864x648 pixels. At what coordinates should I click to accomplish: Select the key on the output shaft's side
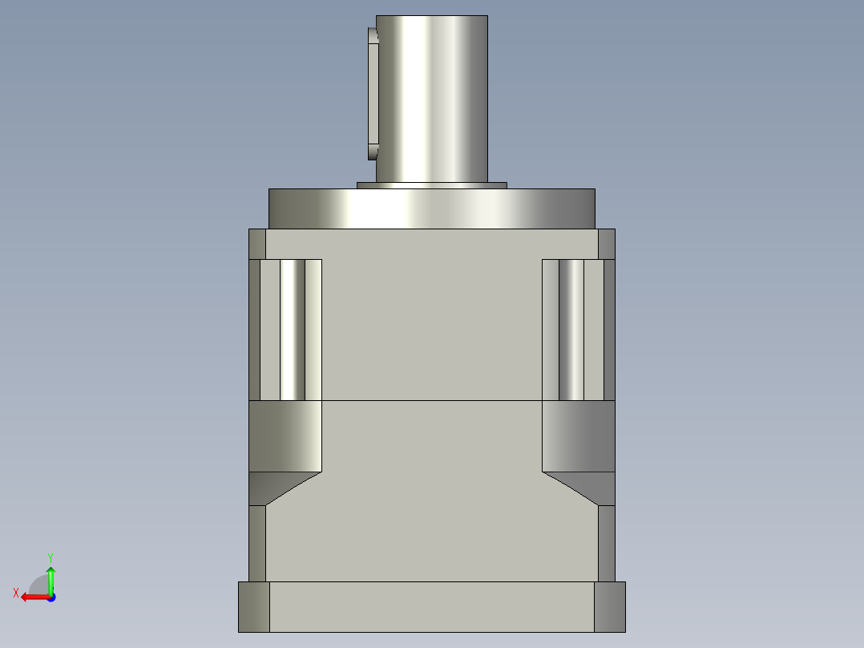pos(373,94)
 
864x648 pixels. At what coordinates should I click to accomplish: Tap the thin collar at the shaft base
pos(431,185)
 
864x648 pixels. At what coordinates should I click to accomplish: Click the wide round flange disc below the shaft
pos(431,209)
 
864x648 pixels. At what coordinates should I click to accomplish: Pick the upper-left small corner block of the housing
pos(257,244)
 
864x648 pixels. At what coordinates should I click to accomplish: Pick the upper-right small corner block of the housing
pos(607,244)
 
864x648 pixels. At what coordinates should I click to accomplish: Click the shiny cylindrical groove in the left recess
pos(293,330)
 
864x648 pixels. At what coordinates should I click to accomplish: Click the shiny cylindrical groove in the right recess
pos(571,330)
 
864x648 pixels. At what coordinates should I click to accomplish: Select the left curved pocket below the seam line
pos(285,435)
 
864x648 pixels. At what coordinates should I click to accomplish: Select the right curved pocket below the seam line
pos(579,435)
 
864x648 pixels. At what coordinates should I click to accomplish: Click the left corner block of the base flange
pos(254,606)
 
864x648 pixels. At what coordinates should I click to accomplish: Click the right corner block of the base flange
pos(610,606)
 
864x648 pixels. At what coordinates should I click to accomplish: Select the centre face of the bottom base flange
pos(432,606)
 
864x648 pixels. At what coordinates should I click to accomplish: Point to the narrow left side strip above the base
pos(257,543)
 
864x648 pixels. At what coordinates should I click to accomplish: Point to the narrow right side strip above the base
pos(607,543)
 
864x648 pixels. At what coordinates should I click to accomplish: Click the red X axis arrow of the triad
pos(32,597)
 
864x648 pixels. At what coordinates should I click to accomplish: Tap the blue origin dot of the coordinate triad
pos(50,597)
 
